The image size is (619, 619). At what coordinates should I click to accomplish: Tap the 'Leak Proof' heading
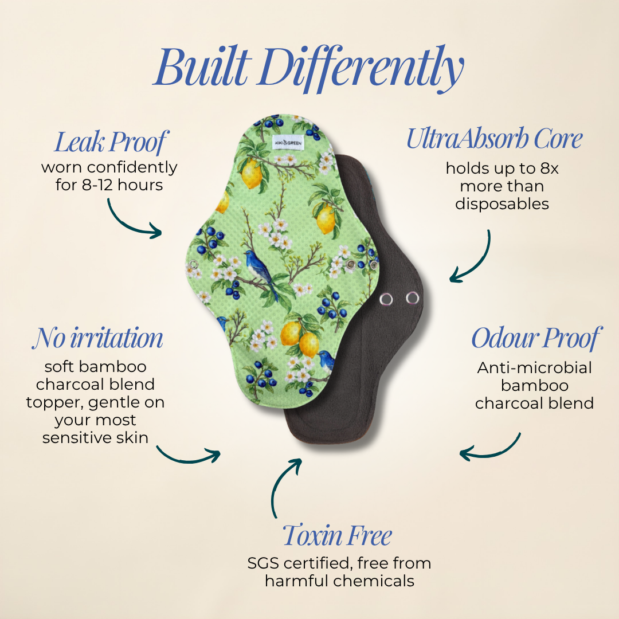[x=111, y=142]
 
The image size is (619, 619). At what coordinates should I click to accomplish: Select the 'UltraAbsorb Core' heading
[x=494, y=139]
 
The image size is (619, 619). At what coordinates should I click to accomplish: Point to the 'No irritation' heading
[x=97, y=338]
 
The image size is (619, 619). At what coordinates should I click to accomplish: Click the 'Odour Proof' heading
[x=536, y=338]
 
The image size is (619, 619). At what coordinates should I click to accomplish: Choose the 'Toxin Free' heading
[x=337, y=536]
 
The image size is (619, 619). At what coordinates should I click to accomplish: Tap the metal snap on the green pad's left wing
[x=193, y=264]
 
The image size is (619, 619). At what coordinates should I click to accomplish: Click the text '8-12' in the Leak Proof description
[x=98, y=185]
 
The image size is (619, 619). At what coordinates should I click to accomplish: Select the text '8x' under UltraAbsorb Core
[x=549, y=169]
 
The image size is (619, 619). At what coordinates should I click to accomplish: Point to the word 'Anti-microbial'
[x=535, y=368]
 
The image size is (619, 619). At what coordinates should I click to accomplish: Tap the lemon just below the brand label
[x=252, y=174]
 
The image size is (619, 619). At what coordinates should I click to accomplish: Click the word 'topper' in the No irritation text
[x=55, y=403]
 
